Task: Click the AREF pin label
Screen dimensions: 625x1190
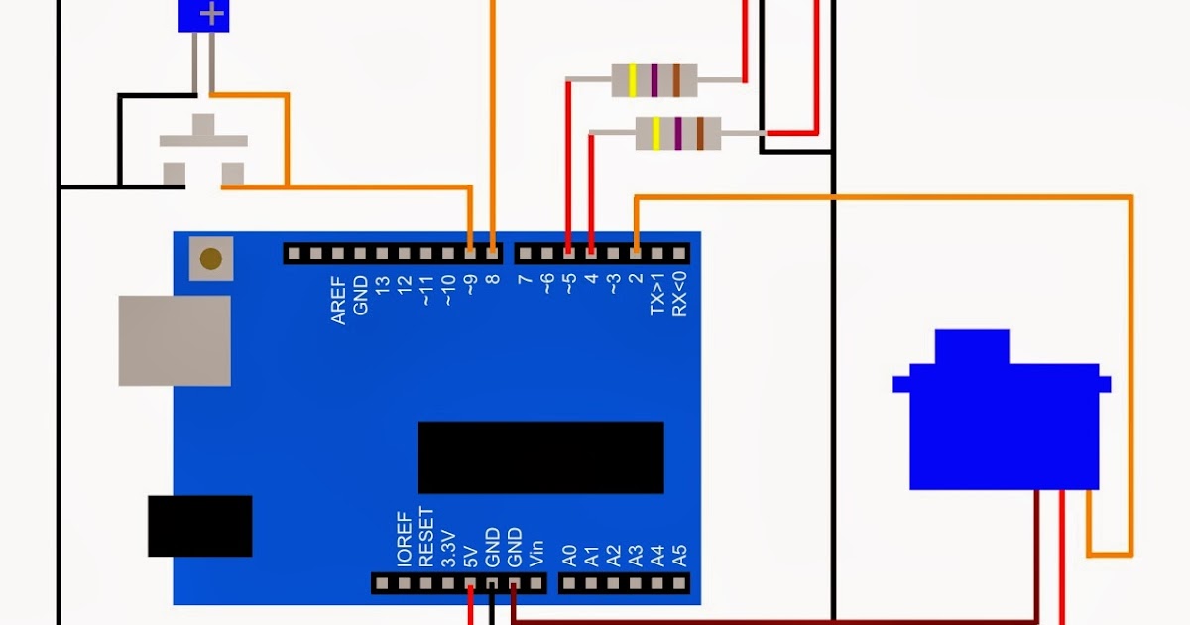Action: (338, 301)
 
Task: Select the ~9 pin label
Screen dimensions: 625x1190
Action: (470, 289)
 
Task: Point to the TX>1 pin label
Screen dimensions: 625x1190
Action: (657, 295)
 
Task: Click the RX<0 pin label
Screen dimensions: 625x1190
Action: (679, 295)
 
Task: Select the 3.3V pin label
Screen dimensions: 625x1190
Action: (448, 547)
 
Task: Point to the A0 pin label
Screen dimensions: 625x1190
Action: (569, 555)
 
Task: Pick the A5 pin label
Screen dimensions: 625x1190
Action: (679, 555)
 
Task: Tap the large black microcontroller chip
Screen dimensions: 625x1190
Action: (540, 457)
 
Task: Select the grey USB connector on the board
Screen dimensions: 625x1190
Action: (175, 340)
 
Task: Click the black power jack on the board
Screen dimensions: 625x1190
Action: (199, 526)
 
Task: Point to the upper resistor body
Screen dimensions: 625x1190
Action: (654, 79)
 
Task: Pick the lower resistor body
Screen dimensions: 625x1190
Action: (677, 133)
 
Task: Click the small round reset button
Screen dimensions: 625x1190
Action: (210, 259)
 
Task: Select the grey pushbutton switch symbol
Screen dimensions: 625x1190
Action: (203, 150)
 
